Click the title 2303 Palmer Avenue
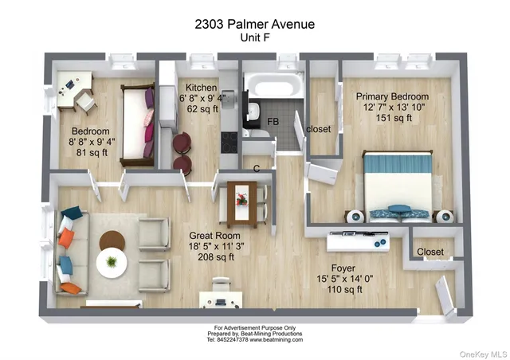click(254, 24)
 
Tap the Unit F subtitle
click(254, 37)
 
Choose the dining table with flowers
click(242, 202)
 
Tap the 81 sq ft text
click(84, 154)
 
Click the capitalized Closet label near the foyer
click(430, 252)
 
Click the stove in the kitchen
click(229, 141)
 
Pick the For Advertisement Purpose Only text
click(254, 327)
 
